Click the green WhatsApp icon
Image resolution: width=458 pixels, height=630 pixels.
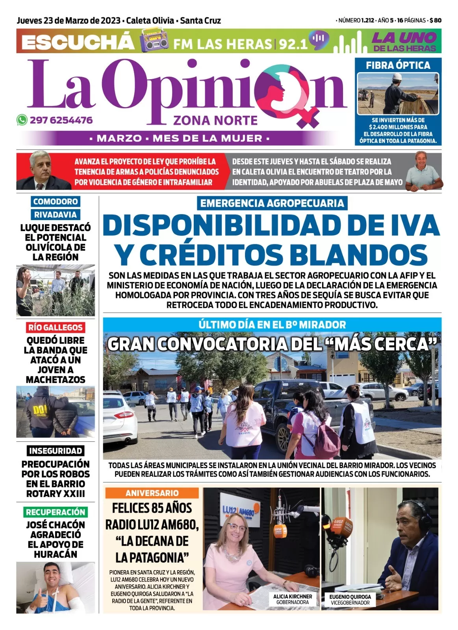coord(22,120)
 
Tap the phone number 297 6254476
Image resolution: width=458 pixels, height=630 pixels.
coord(61,120)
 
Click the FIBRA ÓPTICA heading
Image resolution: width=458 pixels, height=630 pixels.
coord(398,65)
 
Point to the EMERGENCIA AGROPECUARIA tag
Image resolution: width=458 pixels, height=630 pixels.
coord(272,203)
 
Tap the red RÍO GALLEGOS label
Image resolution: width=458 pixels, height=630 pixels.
coord(55,327)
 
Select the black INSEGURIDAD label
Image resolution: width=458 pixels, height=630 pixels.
coord(56,451)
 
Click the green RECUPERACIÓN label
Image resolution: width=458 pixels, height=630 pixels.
coord(56,512)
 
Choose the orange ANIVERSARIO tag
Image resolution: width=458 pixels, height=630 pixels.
coord(152,493)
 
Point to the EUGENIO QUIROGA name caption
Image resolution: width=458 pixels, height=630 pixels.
coord(350,597)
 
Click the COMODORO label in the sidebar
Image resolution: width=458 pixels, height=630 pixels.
coord(56,202)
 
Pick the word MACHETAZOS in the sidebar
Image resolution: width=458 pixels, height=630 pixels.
coord(56,380)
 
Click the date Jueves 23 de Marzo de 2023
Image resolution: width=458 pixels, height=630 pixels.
coord(68,20)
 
